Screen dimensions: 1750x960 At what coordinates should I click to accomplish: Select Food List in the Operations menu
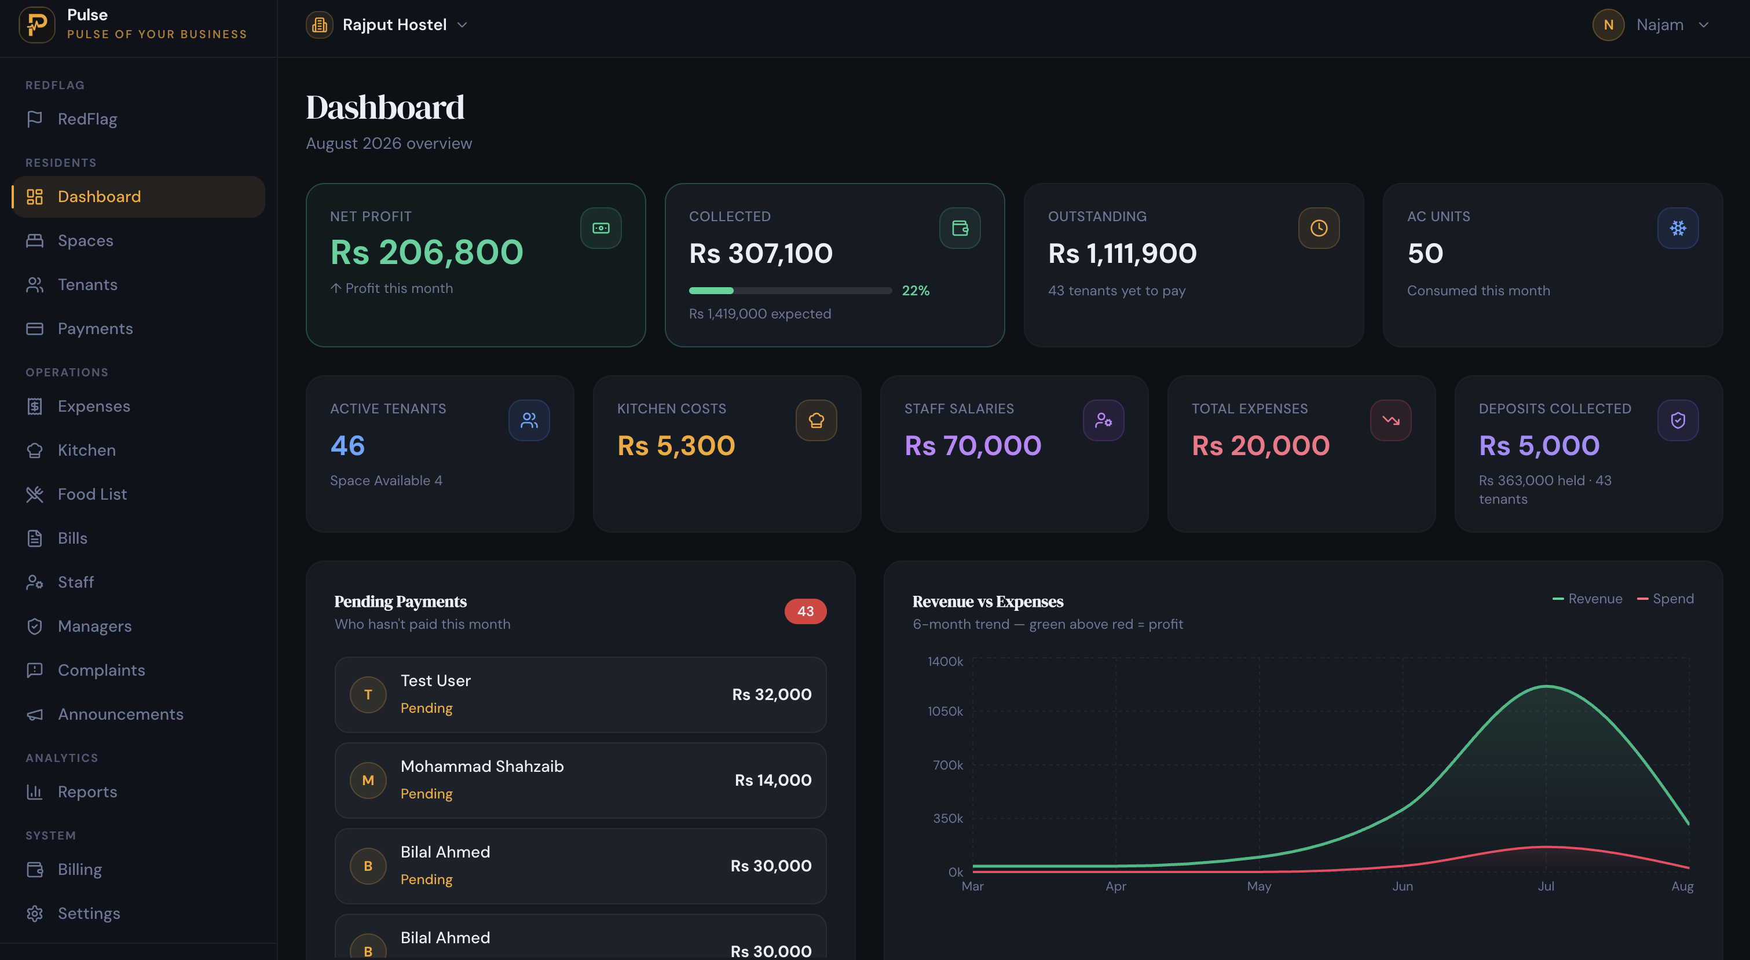[91, 494]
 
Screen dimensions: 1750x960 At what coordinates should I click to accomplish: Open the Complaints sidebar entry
[101, 670]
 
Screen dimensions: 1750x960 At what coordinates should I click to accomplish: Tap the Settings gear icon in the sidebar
[35, 913]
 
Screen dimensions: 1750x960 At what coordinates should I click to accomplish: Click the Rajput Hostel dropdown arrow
[462, 25]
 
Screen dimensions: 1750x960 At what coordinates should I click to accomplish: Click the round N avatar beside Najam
[1608, 25]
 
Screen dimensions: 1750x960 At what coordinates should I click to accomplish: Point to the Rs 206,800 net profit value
[427, 253]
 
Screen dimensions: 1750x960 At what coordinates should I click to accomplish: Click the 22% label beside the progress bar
[915, 291]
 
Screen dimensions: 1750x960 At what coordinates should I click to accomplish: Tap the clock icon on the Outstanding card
[1319, 228]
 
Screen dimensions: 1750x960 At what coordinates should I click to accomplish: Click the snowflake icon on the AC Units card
[1677, 228]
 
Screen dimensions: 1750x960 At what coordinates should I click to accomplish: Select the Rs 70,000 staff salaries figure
[972, 446]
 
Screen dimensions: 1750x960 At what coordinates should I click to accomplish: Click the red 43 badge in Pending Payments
[805, 611]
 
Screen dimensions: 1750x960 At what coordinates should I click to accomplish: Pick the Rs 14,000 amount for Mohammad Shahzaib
[773, 780]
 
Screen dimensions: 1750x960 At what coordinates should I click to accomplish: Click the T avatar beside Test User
[368, 694]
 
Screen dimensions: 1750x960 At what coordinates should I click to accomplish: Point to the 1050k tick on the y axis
[945, 712]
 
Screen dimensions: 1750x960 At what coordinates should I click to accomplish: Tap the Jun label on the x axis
[1402, 886]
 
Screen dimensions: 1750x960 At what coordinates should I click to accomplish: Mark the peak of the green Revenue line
[1546, 686]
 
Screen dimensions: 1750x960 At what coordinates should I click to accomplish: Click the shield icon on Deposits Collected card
[1677, 420]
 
